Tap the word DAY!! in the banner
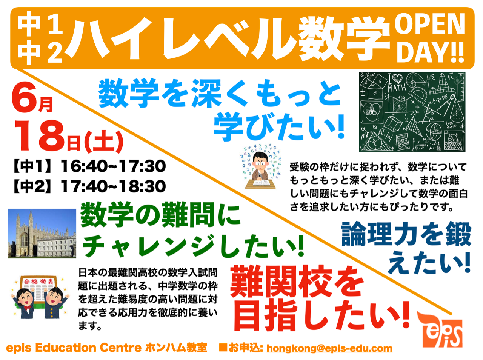click(431, 52)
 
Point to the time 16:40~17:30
click(113, 166)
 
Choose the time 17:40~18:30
click(113, 186)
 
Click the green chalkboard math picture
click(412, 112)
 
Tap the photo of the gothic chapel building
click(42, 233)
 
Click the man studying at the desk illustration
click(260, 167)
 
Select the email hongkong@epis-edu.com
click(329, 349)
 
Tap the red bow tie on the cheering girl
click(27, 308)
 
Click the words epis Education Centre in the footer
click(74, 348)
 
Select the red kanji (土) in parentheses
click(104, 142)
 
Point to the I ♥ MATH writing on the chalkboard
click(396, 83)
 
